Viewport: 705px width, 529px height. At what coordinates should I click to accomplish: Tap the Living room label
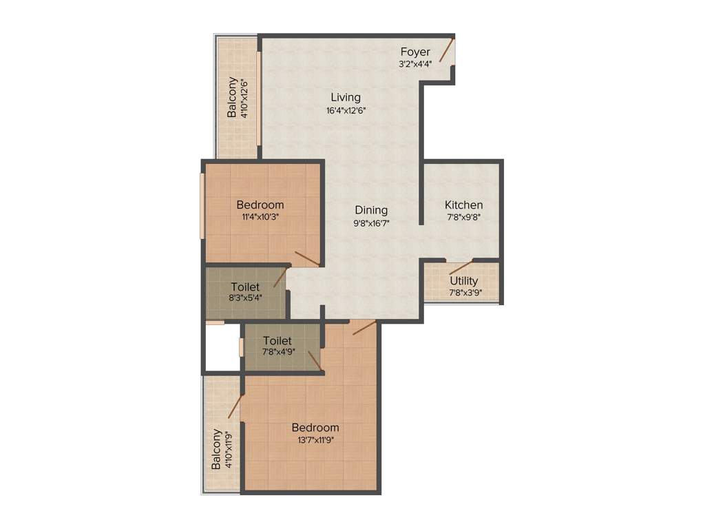click(345, 97)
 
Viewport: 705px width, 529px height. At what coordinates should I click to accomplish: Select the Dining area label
click(371, 210)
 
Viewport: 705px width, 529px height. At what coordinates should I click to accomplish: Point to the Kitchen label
click(463, 205)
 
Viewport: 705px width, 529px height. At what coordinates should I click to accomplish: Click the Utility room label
click(463, 281)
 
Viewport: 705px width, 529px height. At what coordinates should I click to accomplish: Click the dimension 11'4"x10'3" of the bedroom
click(260, 217)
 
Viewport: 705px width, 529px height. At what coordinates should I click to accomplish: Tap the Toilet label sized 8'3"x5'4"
click(246, 287)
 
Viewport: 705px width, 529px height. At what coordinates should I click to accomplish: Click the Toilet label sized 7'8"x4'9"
click(277, 341)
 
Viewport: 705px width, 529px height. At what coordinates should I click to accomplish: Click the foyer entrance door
click(447, 51)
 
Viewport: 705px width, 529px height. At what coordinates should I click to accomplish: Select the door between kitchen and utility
click(461, 267)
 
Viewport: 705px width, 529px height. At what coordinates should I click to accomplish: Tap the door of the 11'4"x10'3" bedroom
click(307, 258)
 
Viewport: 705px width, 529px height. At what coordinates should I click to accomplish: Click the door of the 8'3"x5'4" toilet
click(280, 278)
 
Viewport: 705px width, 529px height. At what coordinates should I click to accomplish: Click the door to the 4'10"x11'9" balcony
click(234, 406)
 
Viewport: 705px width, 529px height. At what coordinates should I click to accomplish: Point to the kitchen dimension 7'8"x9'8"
click(463, 218)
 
